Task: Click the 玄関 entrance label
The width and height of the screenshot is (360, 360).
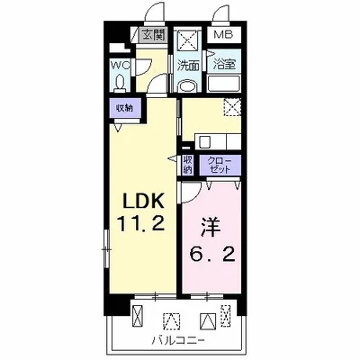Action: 153,35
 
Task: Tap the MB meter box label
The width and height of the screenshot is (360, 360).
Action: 223,34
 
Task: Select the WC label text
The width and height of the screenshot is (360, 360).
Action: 120,65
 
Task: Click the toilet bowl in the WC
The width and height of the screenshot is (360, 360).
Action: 120,83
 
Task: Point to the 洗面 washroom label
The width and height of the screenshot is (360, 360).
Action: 188,66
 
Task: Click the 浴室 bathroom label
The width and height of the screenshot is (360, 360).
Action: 224,65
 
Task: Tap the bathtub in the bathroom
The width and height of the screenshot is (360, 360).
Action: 224,84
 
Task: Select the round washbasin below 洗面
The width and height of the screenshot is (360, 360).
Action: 187,85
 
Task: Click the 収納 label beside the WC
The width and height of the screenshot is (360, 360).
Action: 124,108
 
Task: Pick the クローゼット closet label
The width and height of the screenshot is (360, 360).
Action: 220,165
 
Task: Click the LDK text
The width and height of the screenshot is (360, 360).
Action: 144,201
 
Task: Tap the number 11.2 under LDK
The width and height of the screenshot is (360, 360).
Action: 140,223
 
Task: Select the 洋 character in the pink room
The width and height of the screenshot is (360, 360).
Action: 210,229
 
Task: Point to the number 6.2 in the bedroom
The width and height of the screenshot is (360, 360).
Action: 211,255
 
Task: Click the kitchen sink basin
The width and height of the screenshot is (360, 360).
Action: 205,141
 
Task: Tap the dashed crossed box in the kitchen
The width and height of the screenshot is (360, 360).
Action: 233,107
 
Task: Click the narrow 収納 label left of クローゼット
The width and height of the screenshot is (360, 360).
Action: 187,165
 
